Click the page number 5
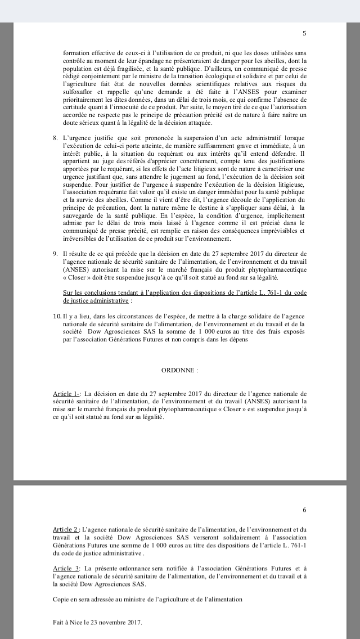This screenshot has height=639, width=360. tap(304, 33)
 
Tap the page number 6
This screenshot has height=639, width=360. tap(304, 510)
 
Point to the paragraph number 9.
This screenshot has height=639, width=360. tap(55, 254)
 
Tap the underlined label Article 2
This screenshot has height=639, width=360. tap(66, 530)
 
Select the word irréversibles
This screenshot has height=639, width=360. tap(80, 237)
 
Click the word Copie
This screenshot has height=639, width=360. tap(61, 600)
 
